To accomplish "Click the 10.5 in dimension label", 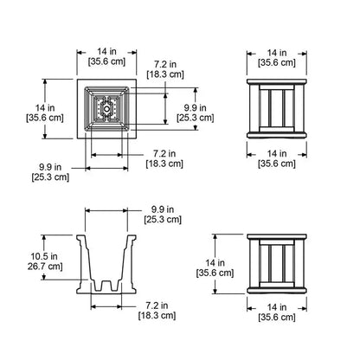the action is coord(44,256).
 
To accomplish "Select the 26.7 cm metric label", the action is coord(45,266).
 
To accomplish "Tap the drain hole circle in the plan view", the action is coord(106,109).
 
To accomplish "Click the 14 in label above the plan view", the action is coord(106,51).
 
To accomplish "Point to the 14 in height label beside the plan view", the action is coord(45,108).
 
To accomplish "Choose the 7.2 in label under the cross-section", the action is coord(157,305).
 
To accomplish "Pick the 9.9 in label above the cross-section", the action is coord(163,209).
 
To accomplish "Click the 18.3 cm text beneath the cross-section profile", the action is coord(157,315).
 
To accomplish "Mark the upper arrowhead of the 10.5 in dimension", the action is coord(44,237).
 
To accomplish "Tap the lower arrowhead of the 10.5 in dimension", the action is coord(44,277).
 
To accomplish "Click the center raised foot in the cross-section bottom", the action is coord(106,286).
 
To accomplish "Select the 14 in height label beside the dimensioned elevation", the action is coord(215,263).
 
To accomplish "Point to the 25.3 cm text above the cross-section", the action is coord(163,219).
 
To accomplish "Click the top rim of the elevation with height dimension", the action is coord(277,237).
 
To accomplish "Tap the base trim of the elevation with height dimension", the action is coord(277,291).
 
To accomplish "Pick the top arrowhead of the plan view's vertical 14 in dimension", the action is coord(45,82).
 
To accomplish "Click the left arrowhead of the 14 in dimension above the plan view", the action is coord(80,53).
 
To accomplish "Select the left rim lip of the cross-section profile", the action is coord(81,237).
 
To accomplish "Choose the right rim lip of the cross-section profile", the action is coord(132,237).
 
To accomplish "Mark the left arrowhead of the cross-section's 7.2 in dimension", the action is coord(94,306).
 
